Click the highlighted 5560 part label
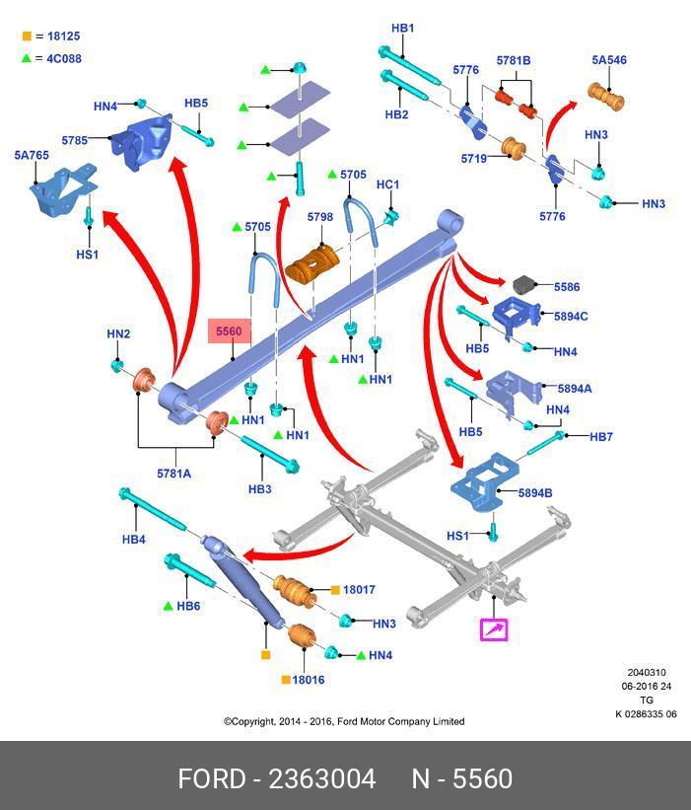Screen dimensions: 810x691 pyautogui.click(x=228, y=331)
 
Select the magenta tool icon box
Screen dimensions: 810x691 pyautogui.click(x=493, y=628)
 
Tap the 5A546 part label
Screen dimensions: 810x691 pyautogui.click(x=609, y=60)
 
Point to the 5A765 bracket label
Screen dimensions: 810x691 pyautogui.click(x=32, y=155)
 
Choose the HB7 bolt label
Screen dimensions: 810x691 pyautogui.click(x=601, y=436)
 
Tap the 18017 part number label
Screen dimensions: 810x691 pyautogui.click(x=359, y=590)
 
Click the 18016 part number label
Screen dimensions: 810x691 pyautogui.click(x=309, y=680)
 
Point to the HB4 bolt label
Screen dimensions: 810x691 pyautogui.click(x=134, y=539)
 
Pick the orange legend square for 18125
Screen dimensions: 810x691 pyautogui.click(x=27, y=37)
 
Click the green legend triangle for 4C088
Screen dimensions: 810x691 pyautogui.click(x=27, y=59)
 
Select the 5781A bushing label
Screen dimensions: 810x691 pyautogui.click(x=173, y=474)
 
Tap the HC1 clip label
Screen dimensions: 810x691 pyautogui.click(x=387, y=184)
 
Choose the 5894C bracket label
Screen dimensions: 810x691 pyautogui.click(x=572, y=317)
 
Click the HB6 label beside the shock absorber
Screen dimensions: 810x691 pyautogui.click(x=188, y=606)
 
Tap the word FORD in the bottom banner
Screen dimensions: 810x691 pyautogui.click(x=212, y=779)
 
